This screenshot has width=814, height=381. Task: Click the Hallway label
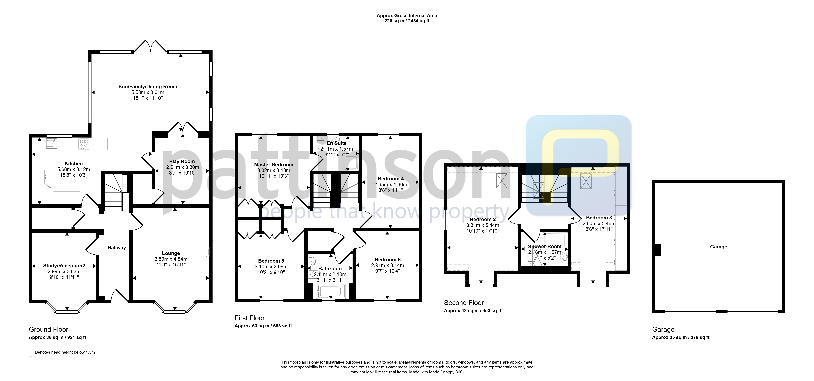tap(117, 248)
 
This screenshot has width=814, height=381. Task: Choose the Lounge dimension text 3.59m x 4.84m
tap(171, 259)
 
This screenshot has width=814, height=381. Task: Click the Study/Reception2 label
tap(64, 266)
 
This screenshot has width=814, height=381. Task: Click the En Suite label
tap(337, 143)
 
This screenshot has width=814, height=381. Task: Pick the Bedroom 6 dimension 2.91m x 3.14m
tap(387, 265)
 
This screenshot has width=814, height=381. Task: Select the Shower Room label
tap(545, 246)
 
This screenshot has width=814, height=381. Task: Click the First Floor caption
tap(250, 318)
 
